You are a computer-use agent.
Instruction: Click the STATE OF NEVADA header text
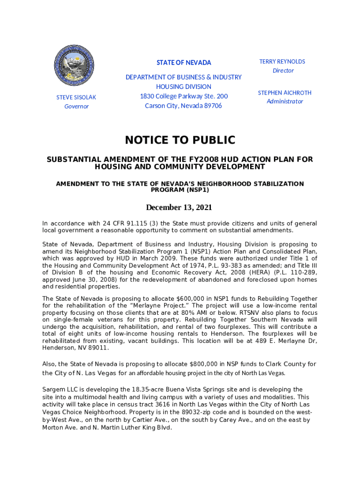[184, 63]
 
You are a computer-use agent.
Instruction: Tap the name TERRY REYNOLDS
[282, 62]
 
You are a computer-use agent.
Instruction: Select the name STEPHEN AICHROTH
[285, 93]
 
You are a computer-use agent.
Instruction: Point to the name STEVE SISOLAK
[76, 97]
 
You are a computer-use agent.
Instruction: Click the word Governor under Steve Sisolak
[76, 107]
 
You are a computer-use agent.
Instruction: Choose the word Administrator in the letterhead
[285, 102]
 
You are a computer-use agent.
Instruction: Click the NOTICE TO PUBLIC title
[180, 140]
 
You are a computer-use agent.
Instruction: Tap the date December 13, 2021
[180, 207]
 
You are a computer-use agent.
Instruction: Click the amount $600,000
[191, 299]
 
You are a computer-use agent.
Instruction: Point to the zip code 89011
[99, 348]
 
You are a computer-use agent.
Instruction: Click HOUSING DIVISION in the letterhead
[184, 87]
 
